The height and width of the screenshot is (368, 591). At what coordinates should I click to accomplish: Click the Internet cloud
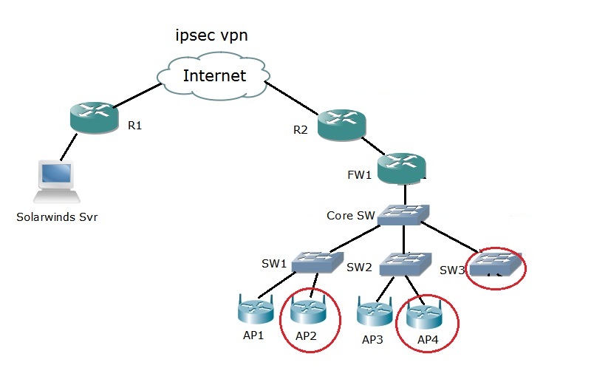[x=213, y=75]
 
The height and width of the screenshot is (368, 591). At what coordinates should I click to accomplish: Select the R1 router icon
[x=94, y=118]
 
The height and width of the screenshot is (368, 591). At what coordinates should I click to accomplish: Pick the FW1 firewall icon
[x=401, y=169]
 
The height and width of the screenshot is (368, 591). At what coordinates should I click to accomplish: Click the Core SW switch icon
[x=404, y=216]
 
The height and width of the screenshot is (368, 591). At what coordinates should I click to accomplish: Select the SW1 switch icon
[x=316, y=262]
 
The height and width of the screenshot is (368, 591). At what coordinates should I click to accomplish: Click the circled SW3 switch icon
[x=496, y=265]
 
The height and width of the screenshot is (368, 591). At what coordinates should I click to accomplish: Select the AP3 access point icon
[x=375, y=313]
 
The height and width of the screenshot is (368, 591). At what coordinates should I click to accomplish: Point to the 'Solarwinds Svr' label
[x=58, y=217]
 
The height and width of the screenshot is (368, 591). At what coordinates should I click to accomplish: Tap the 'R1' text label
[x=134, y=126]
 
